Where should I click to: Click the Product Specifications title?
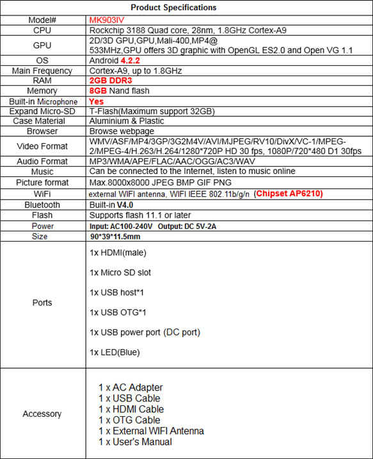click(173, 8)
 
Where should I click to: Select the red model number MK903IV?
click(107, 20)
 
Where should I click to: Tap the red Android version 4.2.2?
click(144, 60)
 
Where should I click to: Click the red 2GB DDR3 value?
click(112, 81)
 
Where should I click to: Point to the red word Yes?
click(97, 102)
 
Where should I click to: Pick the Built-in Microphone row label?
click(43, 102)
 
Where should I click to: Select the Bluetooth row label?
click(43, 205)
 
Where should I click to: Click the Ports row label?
click(42, 302)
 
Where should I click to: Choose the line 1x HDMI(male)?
click(118, 253)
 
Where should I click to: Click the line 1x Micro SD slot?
click(120, 272)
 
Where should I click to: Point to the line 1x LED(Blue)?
click(115, 352)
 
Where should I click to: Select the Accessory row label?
click(42, 414)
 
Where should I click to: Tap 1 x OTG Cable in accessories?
click(130, 420)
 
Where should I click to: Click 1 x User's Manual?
click(135, 442)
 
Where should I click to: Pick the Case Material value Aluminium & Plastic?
click(127, 121)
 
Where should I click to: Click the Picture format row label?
click(42, 182)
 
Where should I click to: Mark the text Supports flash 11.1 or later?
click(140, 215)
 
